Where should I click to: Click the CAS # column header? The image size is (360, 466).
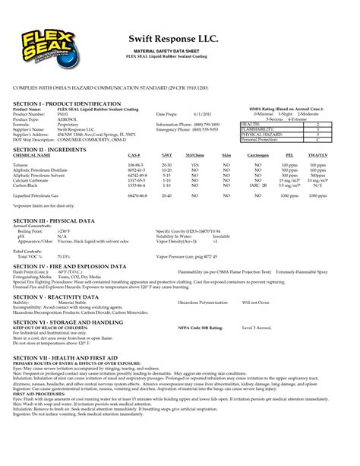(x=134, y=155)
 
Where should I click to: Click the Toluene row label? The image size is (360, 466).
(x=21, y=164)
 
